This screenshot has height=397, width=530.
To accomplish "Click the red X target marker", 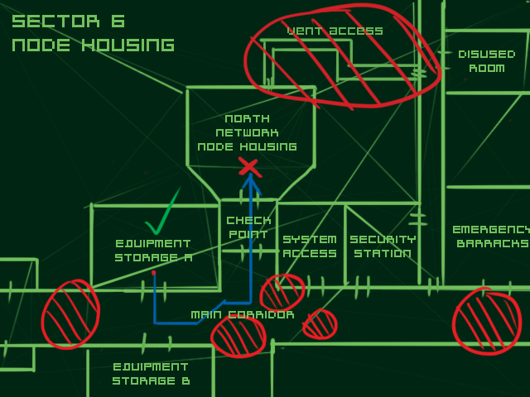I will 248,167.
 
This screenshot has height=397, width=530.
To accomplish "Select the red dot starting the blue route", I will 154,272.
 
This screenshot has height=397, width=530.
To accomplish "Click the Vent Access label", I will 335,31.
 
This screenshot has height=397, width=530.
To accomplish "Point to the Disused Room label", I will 486,61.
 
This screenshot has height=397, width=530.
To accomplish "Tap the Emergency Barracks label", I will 491,237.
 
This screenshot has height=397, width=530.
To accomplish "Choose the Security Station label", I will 382,246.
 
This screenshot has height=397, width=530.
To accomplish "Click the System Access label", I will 310,246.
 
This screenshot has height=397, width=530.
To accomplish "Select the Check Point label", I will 248,227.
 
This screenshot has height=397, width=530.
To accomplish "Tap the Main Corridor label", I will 242,315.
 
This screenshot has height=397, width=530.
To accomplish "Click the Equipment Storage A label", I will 154,251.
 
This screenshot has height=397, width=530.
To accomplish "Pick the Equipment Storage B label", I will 151,374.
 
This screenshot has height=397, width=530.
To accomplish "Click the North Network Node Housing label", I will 247,133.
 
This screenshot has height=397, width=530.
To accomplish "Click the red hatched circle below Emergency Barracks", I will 487,321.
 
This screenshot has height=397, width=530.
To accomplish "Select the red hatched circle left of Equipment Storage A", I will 70,314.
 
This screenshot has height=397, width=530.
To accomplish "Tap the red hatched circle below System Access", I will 282,292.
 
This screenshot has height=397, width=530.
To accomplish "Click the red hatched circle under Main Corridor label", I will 238,336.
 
